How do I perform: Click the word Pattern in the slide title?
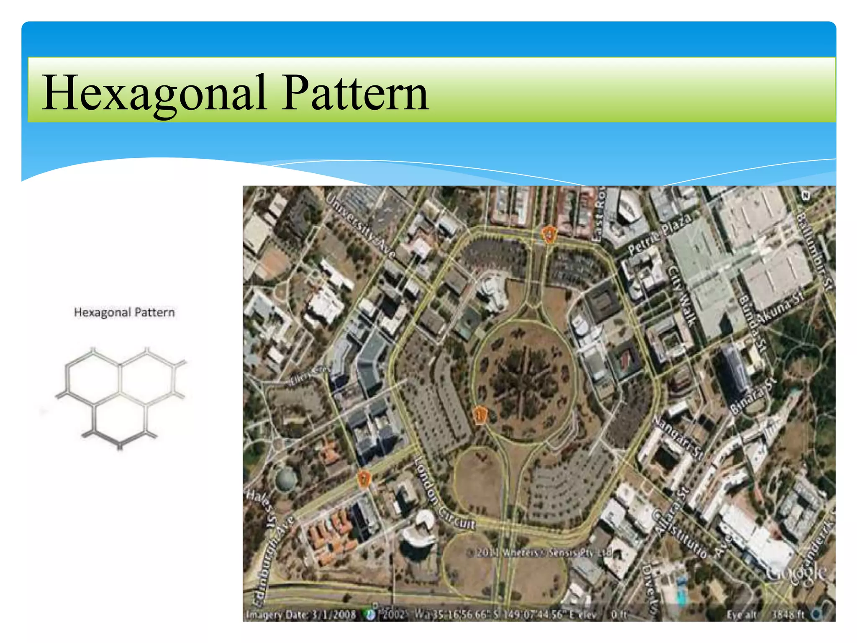pyautogui.click(x=355, y=93)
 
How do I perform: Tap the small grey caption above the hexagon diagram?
pyautogui.click(x=124, y=312)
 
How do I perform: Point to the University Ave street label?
pyautogui.click(x=360, y=226)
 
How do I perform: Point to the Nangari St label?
pyautogui.click(x=678, y=438)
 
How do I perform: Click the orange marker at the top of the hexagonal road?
pyautogui.click(x=548, y=234)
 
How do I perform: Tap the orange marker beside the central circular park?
pyautogui.click(x=480, y=415)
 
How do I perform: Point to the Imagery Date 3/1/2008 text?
pyautogui.click(x=301, y=615)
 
